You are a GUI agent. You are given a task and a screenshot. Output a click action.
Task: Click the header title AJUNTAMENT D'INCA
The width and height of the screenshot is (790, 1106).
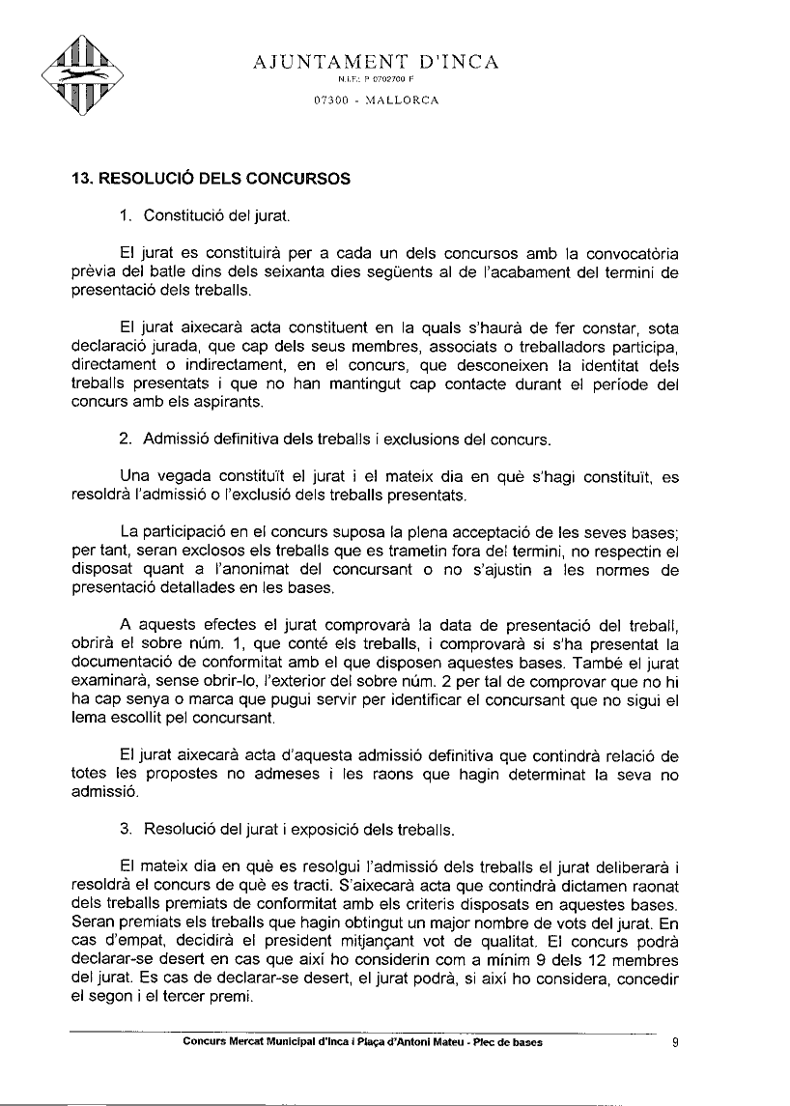pyautogui.click(x=376, y=64)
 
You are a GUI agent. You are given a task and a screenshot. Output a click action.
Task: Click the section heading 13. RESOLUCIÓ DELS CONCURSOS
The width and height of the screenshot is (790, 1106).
pyautogui.click(x=211, y=179)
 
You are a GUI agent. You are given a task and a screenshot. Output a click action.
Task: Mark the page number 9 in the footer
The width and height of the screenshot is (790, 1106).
pyautogui.click(x=674, y=1042)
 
